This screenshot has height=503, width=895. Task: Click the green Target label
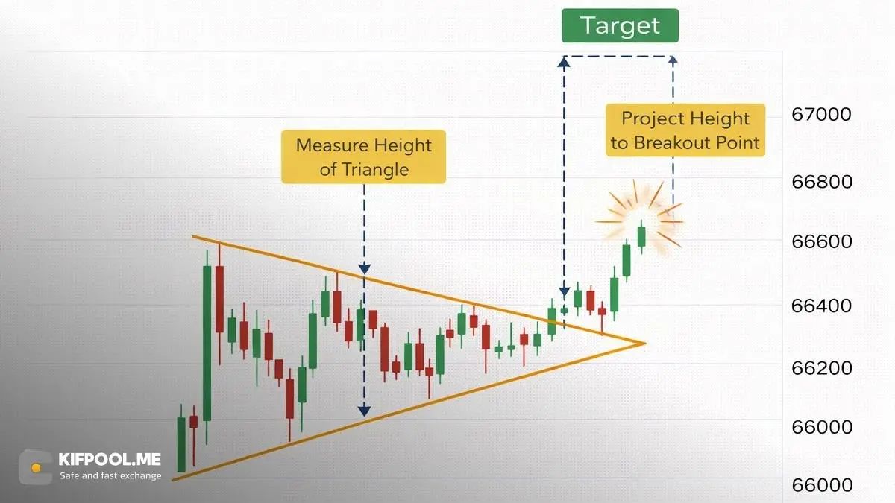(620, 25)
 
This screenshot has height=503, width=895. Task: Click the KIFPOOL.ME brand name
(110, 460)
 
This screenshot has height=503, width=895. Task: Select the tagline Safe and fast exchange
(110, 475)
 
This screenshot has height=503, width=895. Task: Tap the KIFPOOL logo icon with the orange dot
(36, 466)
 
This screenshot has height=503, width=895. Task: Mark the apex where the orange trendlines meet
(643, 343)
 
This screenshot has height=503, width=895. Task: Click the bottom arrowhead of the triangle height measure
(364, 410)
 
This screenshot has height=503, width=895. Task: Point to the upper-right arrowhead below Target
(673, 59)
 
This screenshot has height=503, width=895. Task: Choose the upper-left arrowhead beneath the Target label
(564, 59)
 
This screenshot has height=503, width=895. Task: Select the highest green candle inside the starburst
(641, 235)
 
